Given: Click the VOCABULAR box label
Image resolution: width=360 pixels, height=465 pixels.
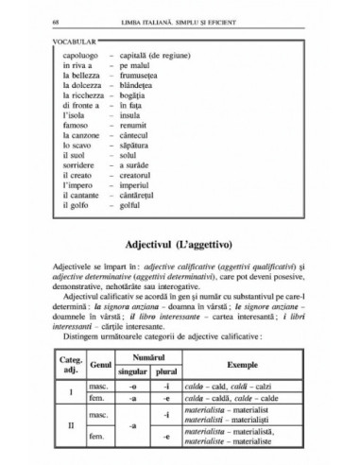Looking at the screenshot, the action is [76, 43].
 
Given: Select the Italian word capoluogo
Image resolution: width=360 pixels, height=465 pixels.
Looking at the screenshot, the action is [77, 55].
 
